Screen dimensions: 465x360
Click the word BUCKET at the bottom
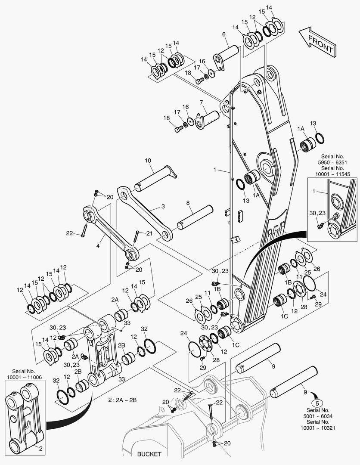point(149,454)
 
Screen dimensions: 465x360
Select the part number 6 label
point(224,34)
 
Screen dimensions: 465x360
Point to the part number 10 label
point(148,161)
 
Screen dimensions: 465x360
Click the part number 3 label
point(163,207)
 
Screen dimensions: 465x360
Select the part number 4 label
point(98,246)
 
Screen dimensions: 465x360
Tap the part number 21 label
point(149,233)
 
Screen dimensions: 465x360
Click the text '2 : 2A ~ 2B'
point(123,400)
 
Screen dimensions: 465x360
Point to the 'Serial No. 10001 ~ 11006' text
point(24,374)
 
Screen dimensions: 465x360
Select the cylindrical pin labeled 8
point(195,217)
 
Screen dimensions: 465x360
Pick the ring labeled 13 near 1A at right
point(320,138)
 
